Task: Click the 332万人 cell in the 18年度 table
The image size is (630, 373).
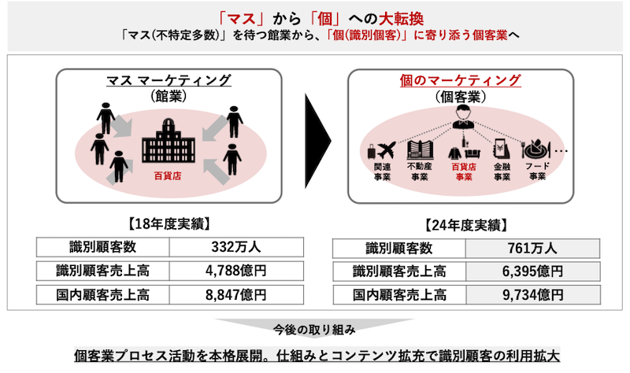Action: tap(236, 247)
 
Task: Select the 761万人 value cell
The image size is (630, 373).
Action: tap(532, 249)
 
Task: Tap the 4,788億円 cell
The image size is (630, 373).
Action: tap(236, 271)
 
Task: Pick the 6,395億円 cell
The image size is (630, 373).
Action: tap(532, 271)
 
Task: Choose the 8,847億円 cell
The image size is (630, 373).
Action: tap(236, 295)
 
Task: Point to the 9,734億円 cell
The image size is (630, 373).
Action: tap(532, 295)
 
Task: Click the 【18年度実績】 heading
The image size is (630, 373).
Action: tap(169, 224)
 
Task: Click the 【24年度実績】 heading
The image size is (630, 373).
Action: tap(466, 225)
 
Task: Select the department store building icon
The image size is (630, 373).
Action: tap(169, 141)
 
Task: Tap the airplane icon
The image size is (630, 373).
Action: tap(387, 150)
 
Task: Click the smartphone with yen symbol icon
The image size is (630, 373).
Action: tap(502, 150)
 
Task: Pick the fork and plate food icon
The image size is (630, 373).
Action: tap(535, 149)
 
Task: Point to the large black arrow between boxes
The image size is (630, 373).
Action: tap(317, 141)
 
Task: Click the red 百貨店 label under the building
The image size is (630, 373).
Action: tap(168, 175)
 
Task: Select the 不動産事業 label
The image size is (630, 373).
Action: tap(420, 172)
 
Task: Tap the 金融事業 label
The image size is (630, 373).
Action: tap(502, 172)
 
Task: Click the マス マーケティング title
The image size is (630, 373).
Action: tap(169, 80)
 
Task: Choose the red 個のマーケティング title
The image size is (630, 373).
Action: tap(461, 80)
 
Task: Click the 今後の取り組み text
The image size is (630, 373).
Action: tap(314, 330)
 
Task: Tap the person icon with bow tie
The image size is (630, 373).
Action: tap(462, 116)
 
